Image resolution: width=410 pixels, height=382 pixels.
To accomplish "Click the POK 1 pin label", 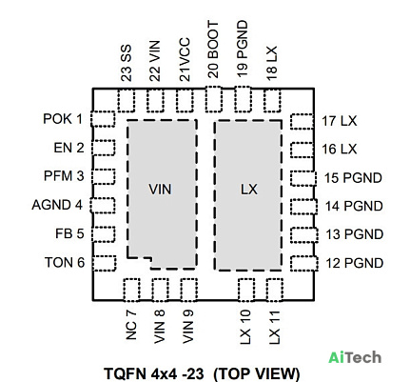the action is click(x=63, y=119).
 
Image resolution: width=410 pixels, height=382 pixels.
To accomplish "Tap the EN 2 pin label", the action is click(x=68, y=148).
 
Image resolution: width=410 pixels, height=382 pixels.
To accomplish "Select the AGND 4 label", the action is click(x=57, y=205).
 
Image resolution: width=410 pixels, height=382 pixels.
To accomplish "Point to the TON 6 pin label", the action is click(x=65, y=263).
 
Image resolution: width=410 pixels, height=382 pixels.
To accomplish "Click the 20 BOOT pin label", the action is click(x=213, y=50).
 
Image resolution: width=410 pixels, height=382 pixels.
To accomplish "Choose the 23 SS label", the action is click(x=127, y=63).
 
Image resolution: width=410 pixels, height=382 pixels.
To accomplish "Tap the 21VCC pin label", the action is click(x=185, y=60).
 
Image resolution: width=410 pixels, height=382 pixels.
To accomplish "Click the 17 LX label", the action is click(x=340, y=121).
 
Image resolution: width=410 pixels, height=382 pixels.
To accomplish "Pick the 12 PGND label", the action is click(x=355, y=263).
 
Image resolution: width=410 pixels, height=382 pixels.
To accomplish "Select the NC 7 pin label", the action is click(x=131, y=325).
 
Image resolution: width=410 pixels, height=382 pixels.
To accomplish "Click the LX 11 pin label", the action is click(x=275, y=327).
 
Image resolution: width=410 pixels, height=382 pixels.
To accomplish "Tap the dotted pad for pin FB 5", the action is click(x=103, y=234).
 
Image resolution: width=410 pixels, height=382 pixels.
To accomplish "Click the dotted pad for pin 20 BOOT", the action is click(x=213, y=99).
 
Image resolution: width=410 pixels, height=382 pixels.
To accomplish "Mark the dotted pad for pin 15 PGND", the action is click(x=303, y=178).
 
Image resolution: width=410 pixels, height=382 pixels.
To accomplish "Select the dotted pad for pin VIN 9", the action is click(x=189, y=290).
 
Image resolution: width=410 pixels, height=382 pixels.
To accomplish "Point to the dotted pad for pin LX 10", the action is click(x=246, y=290).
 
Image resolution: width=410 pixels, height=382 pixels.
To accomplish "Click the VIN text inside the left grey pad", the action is click(x=160, y=190).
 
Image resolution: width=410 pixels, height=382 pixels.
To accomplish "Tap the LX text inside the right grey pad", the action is click(x=249, y=190).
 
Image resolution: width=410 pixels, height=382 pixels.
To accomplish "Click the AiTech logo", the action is click(x=355, y=357).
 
